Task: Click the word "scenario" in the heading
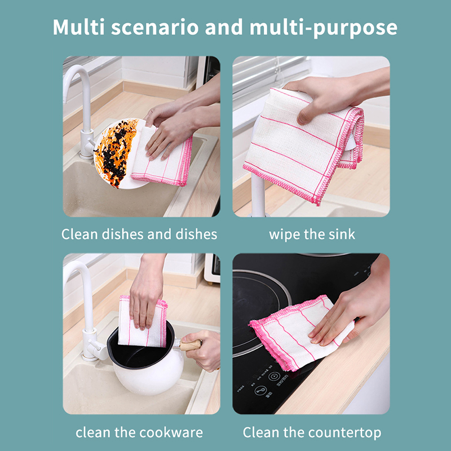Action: pyautogui.click(x=154, y=27)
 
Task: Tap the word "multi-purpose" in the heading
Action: pyautogui.click(x=324, y=28)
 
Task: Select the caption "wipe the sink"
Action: pyautogui.click(x=312, y=235)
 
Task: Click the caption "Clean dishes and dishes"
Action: pyautogui.click(x=139, y=234)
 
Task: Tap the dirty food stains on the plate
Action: pyautogui.click(x=117, y=152)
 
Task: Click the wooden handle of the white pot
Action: pyautogui.click(x=191, y=344)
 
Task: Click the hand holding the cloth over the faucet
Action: pyautogui.click(x=331, y=95)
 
